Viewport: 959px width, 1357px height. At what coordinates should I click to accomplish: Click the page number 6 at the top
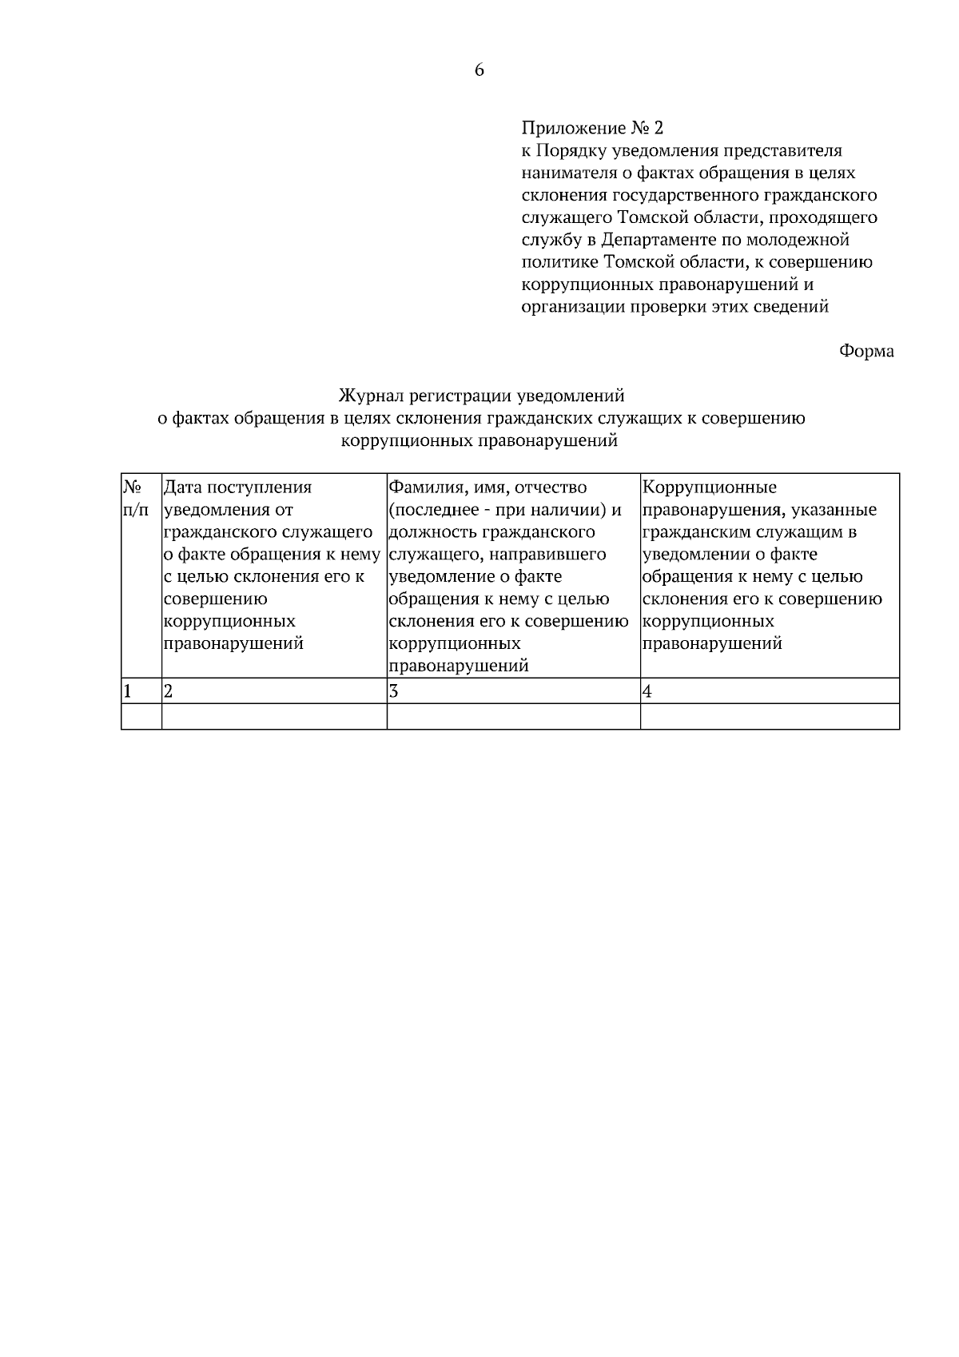479,70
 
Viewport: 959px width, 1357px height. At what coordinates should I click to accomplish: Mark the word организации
569,307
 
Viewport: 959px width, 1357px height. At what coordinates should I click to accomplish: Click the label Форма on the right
866,351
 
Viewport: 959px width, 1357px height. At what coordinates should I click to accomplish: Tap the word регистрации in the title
459,396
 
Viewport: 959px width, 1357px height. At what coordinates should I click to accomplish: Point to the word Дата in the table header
182,487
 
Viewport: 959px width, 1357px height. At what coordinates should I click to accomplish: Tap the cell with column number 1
141,691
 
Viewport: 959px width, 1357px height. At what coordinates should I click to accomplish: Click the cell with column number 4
769,691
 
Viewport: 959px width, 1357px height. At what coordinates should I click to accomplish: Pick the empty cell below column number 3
513,716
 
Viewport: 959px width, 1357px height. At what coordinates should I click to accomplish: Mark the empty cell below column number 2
274,716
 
